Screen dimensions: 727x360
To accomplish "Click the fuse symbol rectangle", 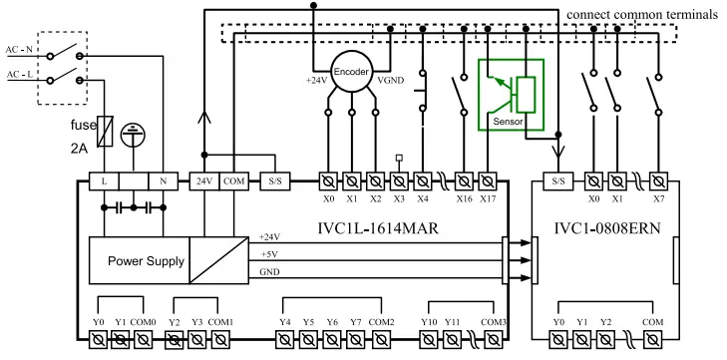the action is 106,132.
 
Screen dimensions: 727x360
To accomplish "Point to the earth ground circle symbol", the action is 133,136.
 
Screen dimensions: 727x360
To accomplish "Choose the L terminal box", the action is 104,181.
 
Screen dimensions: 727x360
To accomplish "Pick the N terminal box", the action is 164,181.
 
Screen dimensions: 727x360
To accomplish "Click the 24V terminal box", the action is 204,181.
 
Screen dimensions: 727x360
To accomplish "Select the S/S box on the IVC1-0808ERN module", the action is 558,181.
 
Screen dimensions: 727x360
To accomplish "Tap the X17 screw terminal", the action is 488,181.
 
